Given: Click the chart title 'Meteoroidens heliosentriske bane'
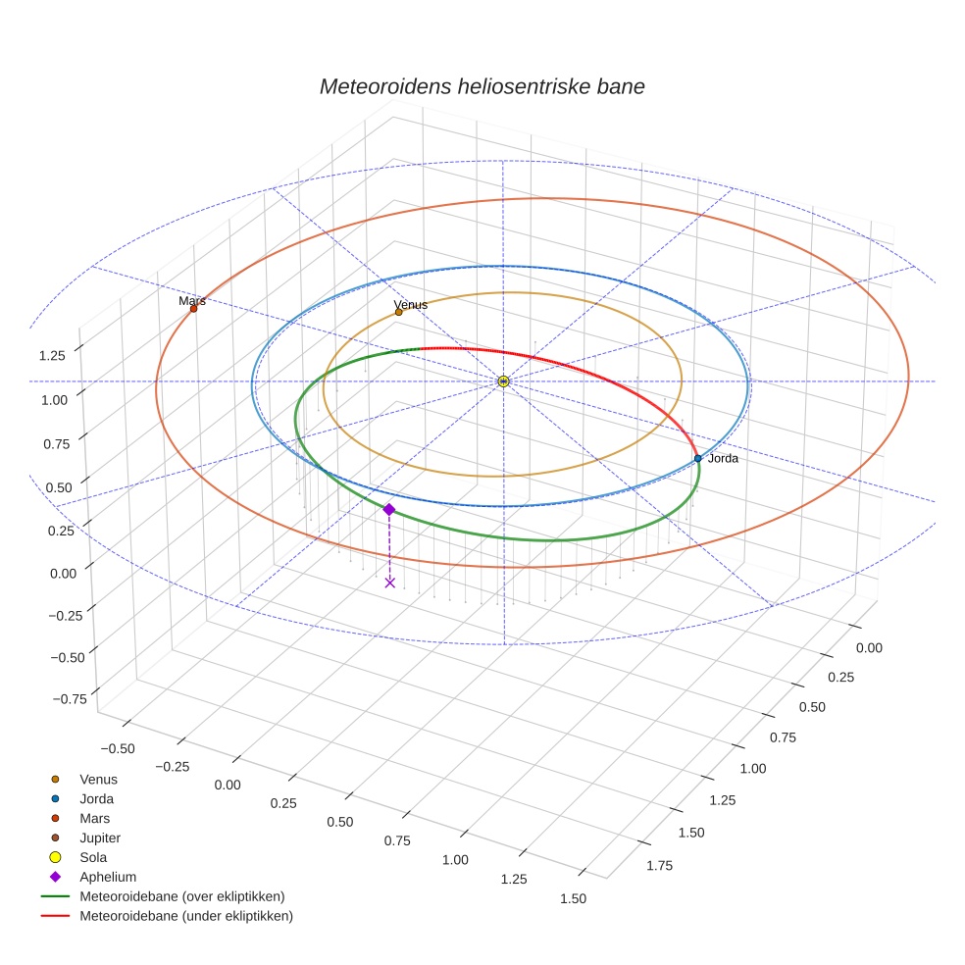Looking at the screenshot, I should (x=482, y=86).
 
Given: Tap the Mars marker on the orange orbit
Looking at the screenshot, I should (x=193, y=309).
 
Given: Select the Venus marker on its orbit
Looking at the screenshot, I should (x=398, y=312).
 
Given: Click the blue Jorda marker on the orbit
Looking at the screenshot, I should (x=697, y=458).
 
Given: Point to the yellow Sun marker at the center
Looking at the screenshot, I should (x=503, y=381).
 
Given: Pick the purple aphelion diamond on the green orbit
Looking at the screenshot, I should (x=389, y=509).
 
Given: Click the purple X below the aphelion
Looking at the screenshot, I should (x=390, y=583).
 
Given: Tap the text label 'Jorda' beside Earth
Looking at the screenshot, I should (x=723, y=458).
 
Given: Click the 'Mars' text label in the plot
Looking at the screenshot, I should (x=192, y=301).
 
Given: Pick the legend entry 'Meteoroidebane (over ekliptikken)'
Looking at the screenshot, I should (x=181, y=896).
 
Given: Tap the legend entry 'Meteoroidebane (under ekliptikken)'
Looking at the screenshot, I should (x=185, y=916).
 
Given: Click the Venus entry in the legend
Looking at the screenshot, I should (x=98, y=779).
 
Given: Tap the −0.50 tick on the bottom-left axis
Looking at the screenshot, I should (x=119, y=747).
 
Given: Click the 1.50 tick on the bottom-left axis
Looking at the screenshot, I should (x=573, y=898).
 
